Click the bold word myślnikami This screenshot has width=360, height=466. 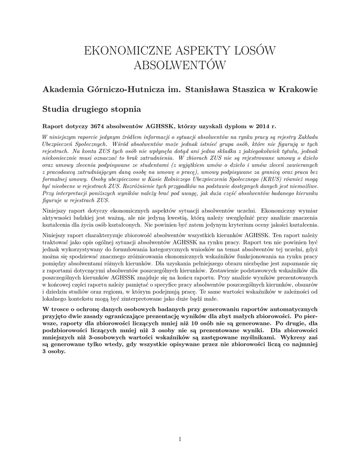click(x=259, y=338)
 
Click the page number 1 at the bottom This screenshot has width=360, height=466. click(x=180, y=439)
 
